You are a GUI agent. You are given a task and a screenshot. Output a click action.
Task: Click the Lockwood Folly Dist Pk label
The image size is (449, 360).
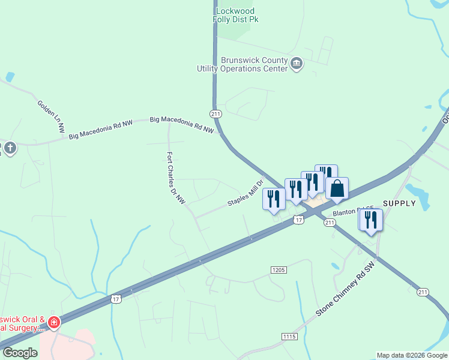pyautogui.click(x=235, y=16)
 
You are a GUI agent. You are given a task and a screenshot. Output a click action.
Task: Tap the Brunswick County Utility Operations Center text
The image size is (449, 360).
pyautogui.click(x=243, y=64)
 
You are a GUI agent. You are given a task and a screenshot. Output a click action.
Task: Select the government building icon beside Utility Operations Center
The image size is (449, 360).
pyautogui.click(x=296, y=64)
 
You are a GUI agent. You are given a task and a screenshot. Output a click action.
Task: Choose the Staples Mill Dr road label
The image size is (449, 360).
pyautogui.click(x=246, y=194)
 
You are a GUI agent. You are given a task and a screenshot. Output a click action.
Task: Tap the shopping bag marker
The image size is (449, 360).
pyautogui.click(x=337, y=188)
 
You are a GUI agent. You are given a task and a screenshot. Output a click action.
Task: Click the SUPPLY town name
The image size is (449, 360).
pyautogui.click(x=399, y=203)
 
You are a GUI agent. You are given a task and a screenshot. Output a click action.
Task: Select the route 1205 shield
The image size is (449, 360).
pyautogui.click(x=277, y=270)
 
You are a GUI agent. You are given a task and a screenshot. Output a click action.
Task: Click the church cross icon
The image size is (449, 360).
pyautogui.click(x=10, y=148)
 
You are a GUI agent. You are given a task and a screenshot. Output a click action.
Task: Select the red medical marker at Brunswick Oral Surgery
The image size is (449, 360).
pyautogui.click(x=53, y=323)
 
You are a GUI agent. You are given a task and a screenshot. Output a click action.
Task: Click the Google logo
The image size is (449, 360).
pyautogui.click(x=20, y=353)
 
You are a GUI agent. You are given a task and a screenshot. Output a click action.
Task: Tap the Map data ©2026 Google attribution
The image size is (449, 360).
pyautogui.click(x=412, y=355)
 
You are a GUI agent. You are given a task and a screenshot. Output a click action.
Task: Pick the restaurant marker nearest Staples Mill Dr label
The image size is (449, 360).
pyautogui.click(x=274, y=199)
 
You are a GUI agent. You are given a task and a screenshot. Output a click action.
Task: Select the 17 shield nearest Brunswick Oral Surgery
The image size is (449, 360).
pyautogui.click(x=116, y=299)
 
